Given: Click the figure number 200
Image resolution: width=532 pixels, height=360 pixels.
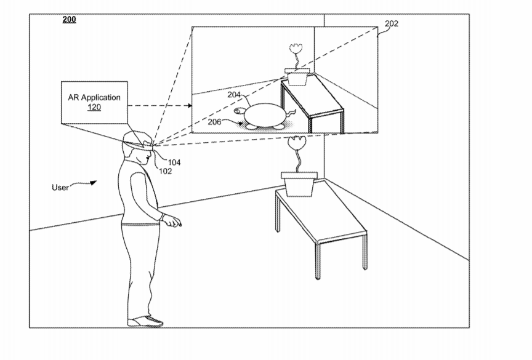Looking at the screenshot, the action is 69,19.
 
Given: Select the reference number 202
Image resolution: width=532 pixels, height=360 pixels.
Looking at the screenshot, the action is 392,24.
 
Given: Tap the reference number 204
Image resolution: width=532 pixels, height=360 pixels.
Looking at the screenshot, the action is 234,95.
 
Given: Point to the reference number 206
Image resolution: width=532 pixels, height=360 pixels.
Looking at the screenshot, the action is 214,122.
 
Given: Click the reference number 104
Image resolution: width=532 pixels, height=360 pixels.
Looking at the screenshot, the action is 174,162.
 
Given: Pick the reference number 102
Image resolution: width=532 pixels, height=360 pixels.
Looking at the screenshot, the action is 166,171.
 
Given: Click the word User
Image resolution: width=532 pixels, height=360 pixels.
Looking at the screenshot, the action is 60,188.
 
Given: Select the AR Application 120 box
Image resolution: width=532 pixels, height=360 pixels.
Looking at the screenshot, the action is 94,102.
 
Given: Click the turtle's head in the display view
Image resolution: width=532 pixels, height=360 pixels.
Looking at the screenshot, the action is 240,111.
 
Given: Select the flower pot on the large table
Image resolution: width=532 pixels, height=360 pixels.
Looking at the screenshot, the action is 299,184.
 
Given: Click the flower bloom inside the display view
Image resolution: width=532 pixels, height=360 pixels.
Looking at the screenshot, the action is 296,48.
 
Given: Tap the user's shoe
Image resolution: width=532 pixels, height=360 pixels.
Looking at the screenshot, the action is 145,321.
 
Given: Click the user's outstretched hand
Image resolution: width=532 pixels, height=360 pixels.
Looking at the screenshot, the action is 172,222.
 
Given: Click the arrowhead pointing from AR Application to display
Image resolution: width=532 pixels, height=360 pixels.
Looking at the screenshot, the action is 189,106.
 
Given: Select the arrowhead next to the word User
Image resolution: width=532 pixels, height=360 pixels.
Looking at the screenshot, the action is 93,183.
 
